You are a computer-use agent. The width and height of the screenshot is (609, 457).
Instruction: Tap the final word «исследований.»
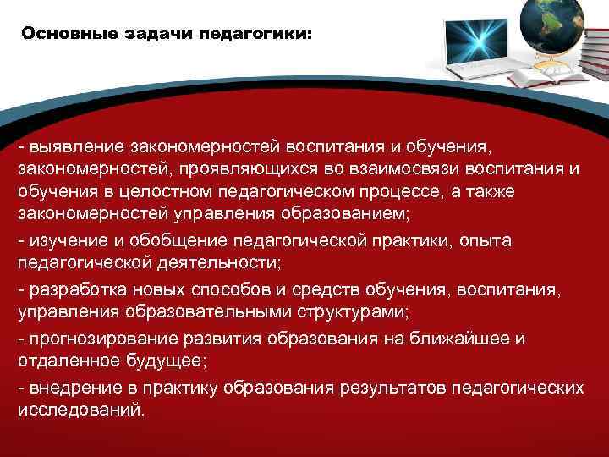[81, 410]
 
